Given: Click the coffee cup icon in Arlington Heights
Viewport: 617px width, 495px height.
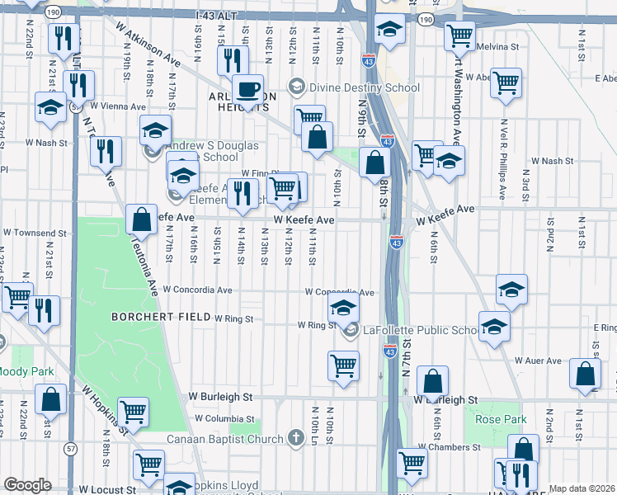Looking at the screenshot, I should pos(247,88).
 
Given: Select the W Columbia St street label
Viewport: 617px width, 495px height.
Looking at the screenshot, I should pos(224,419).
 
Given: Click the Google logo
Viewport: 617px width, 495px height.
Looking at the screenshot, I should pos(27,485).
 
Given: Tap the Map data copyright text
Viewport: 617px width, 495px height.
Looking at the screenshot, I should pos(582,488).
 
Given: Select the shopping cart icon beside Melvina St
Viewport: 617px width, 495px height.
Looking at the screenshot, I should pos(459,35).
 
